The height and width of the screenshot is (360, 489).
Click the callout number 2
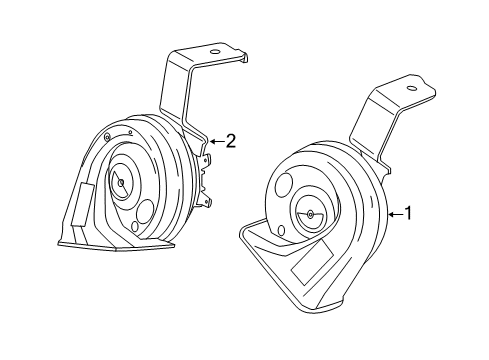[x=230, y=141]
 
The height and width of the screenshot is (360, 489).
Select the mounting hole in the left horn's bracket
[x=214, y=51]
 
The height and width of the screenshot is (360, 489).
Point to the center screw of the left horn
[x=119, y=180]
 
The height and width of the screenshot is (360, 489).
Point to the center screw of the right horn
[x=308, y=214]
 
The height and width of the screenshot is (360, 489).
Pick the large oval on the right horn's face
[x=284, y=186]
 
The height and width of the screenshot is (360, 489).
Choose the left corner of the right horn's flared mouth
[x=244, y=232]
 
